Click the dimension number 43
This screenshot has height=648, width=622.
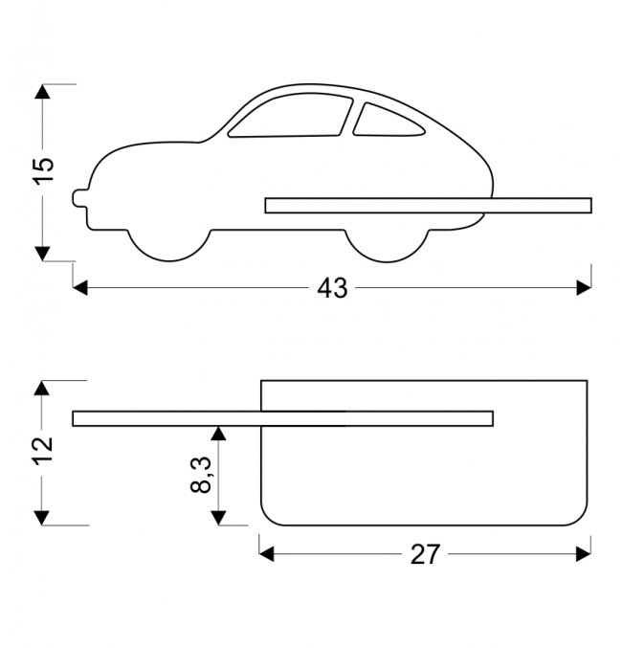click(x=332, y=288)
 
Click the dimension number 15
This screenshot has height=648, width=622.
click(x=43, y=171)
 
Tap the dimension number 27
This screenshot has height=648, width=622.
click(x=425, y=554)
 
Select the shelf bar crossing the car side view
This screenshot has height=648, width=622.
click(x=428, y=205)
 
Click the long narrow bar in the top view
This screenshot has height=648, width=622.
click(x=282, y=418)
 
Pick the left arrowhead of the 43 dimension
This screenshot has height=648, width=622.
click(x=80, y=287)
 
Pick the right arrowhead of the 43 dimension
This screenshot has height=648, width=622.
click(x=584, y=287)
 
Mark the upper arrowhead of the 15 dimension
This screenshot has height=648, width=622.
click(x=42, y=92)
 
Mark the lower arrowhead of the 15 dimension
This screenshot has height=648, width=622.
click(x=42, y=253)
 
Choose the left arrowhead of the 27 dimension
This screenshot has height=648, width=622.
click(x=267, y=553)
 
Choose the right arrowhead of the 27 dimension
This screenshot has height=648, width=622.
click(x=584, y=553)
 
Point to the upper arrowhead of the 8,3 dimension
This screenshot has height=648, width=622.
click(x=219, y=434)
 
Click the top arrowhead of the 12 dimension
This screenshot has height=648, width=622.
click(x=42, y=389)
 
